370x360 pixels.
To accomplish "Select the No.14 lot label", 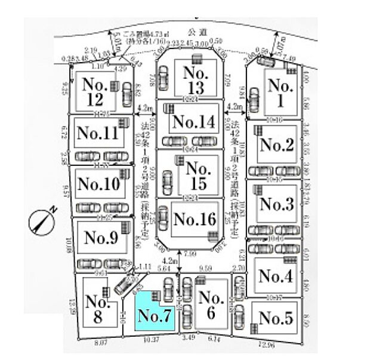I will pos(192,122).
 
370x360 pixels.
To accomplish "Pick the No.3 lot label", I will pos(277,204).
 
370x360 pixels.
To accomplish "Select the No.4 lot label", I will pos(275,276).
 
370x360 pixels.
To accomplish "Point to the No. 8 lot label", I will pos(97,309).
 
